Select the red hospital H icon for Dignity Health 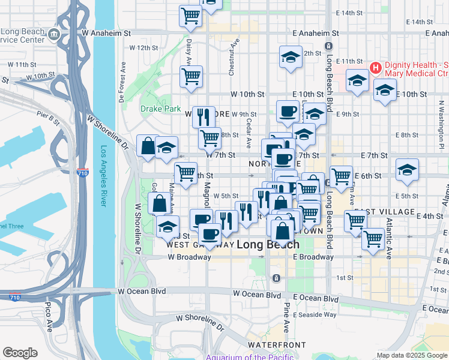pos(376,67)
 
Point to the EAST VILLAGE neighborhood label pos(384,212)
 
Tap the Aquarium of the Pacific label pos(250,357)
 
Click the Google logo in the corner pos(20,353)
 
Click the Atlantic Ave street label pos(388,246)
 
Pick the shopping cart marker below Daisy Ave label pos(191,76)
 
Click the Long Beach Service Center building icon pos(55,34)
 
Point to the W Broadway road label pos(189,257)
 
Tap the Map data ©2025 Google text pos(411,355)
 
